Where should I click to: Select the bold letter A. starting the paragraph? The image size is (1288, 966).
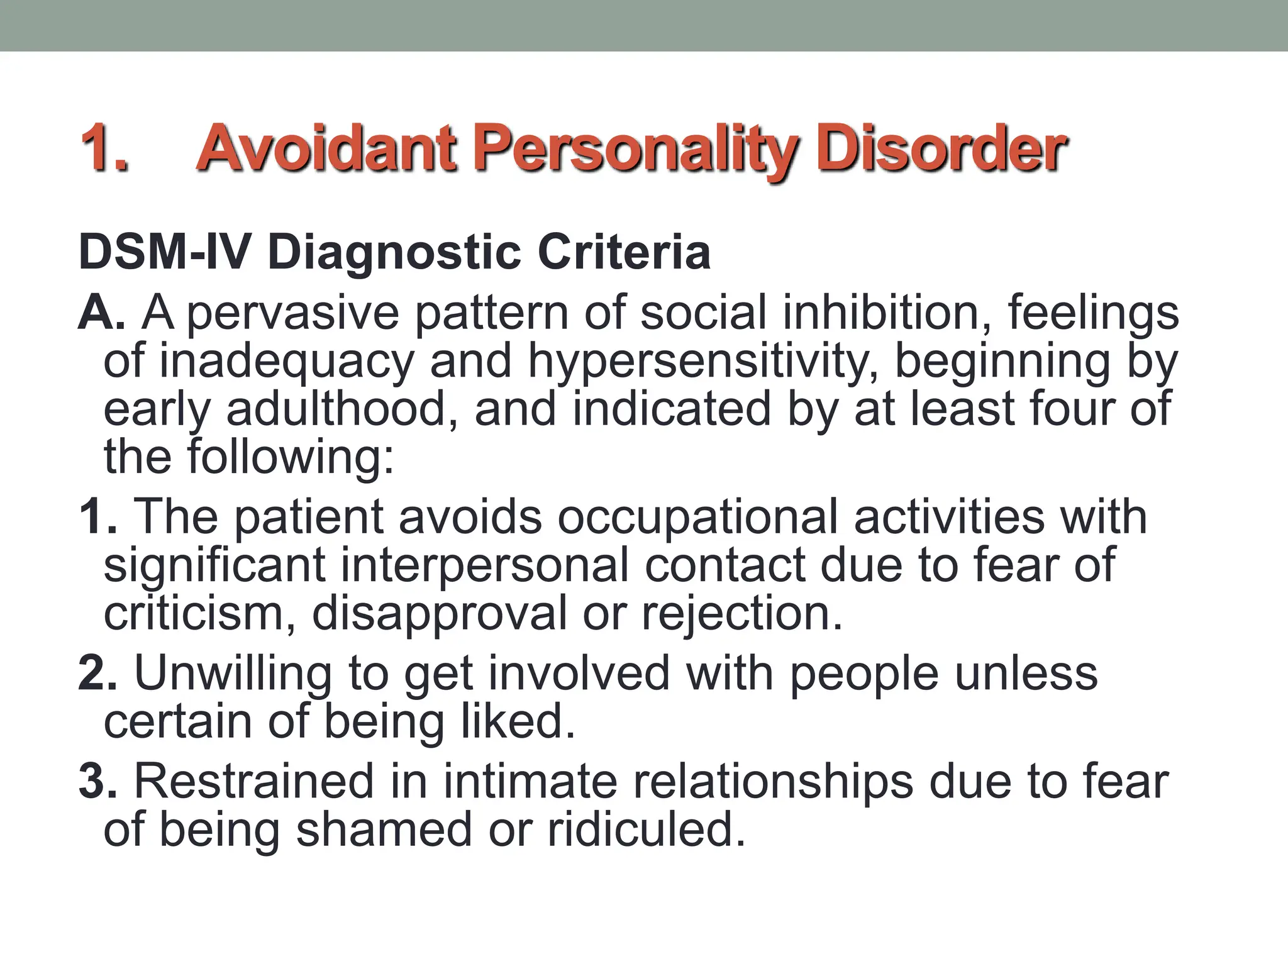(101, 313)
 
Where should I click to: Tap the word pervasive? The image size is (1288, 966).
(293, 314)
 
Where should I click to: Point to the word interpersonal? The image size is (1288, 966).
(485, 565)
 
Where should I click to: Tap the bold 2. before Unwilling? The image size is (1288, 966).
(98, 674)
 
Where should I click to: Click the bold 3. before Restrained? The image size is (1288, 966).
(98, 782)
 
